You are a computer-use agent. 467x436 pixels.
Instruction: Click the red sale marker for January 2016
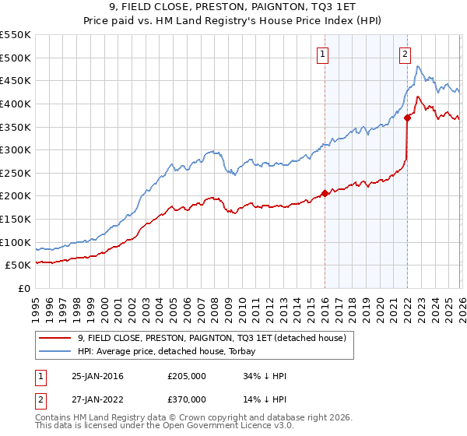[x=325, y=194]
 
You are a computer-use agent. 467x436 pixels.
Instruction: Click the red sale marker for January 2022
[x=407, y=118]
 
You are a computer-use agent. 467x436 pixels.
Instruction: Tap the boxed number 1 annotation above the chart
[x=322, y=54]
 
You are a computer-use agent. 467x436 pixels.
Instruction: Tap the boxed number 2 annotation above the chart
[x=406, y=54]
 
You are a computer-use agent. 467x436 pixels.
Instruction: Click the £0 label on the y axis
[x=24, y=288]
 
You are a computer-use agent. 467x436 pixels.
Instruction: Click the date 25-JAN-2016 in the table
[x=97, y=376]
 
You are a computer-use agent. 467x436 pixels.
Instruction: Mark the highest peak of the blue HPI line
[x=418, y=66]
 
